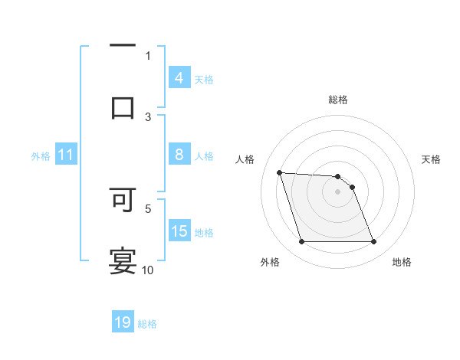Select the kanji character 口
pyautogui.click(x=123, y=107)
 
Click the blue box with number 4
pyautogui.click(x=179, y=78)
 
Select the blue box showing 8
pyautogui.click(x=179, y=155)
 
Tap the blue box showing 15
pyautogui.click(x=179, y=231)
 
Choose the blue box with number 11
pyautogui.click(x=66, y=155)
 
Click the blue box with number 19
pyautogui.click(x=123, y=322)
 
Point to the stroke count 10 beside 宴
pyautogui.click(x=148, y=270)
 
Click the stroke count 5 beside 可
pyautogui.click(x=148, y=208)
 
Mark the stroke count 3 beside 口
pyautogui.click(x=148, y=116)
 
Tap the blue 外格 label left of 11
pyautogui.click(x=41, y=156)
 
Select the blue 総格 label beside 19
pyautogui.click(x=147, y=324)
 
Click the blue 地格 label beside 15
pyautogui.click(x=204, y=233)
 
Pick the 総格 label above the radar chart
pyautogui.click(x=338, y=100)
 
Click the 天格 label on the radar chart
pyautogui.click(x=432, y=159)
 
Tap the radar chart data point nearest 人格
pyautogui.click(x=280, y=172)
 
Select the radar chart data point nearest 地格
pyautogui.click(x=373, y=242)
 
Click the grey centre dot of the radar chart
pyautogui.click(x=338, y=192)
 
